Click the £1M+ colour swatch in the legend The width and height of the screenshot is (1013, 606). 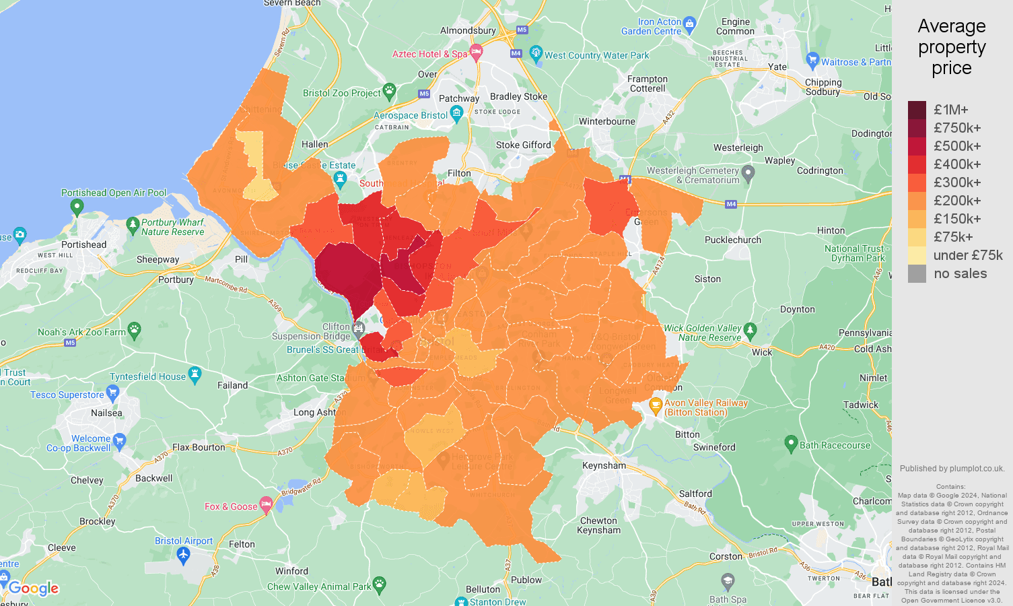917,110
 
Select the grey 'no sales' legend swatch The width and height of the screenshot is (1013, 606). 917,273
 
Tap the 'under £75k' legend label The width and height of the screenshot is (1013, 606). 968,255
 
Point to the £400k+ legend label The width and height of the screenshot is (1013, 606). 957,164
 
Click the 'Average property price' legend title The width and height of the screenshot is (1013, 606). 951,47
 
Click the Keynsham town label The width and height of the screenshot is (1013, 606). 604,465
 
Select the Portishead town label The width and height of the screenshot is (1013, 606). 83,244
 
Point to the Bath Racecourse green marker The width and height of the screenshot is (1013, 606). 792,444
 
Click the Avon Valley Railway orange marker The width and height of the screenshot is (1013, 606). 655,406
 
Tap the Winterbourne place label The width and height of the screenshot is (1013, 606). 606,121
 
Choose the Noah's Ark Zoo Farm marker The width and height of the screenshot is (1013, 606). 135,330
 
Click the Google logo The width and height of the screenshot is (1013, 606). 34,588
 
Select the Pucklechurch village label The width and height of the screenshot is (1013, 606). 733,240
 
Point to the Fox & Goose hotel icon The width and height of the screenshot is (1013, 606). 266,504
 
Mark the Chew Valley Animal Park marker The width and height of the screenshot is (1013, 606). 380,583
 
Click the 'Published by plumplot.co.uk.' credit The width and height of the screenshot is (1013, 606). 952,469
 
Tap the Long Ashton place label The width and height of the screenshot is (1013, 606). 315,412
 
